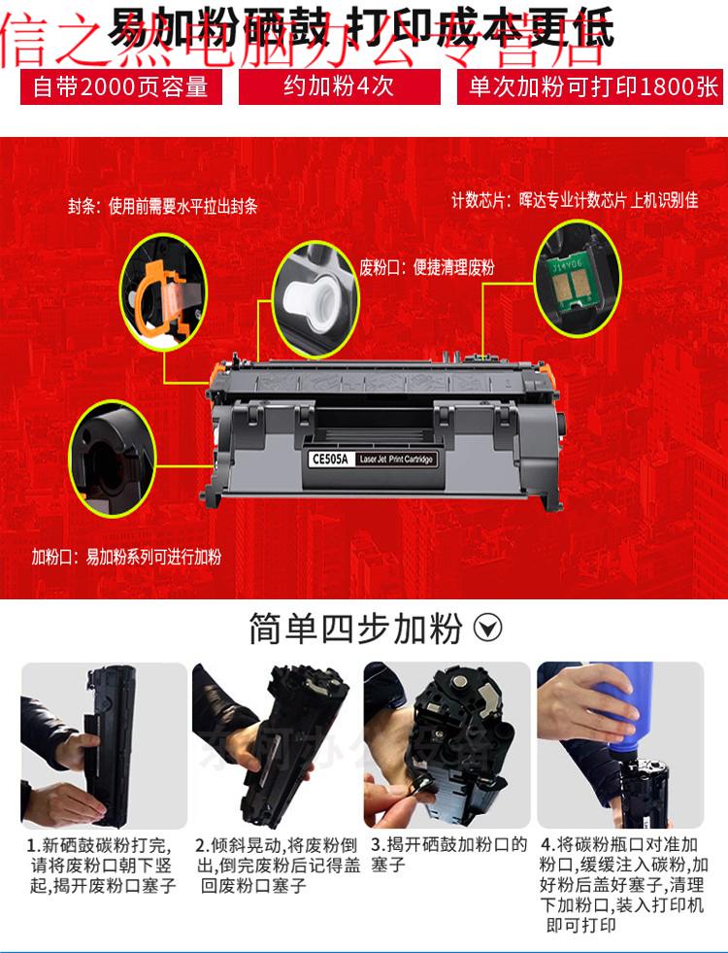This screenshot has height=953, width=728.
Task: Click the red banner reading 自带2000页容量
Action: (x=121, y=87)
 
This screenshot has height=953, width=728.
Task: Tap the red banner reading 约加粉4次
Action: (x=338, y=87)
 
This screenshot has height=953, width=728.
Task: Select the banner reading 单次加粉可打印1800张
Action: (x=592, y=87)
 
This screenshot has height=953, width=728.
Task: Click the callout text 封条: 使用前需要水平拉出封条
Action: (x=162, y=207)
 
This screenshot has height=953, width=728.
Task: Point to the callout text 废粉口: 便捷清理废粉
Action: (x=427, y=267)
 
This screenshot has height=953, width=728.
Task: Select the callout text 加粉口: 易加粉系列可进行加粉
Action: (x=126, y=557)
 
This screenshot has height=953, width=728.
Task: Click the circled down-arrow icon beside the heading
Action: (x=487, y=629)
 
